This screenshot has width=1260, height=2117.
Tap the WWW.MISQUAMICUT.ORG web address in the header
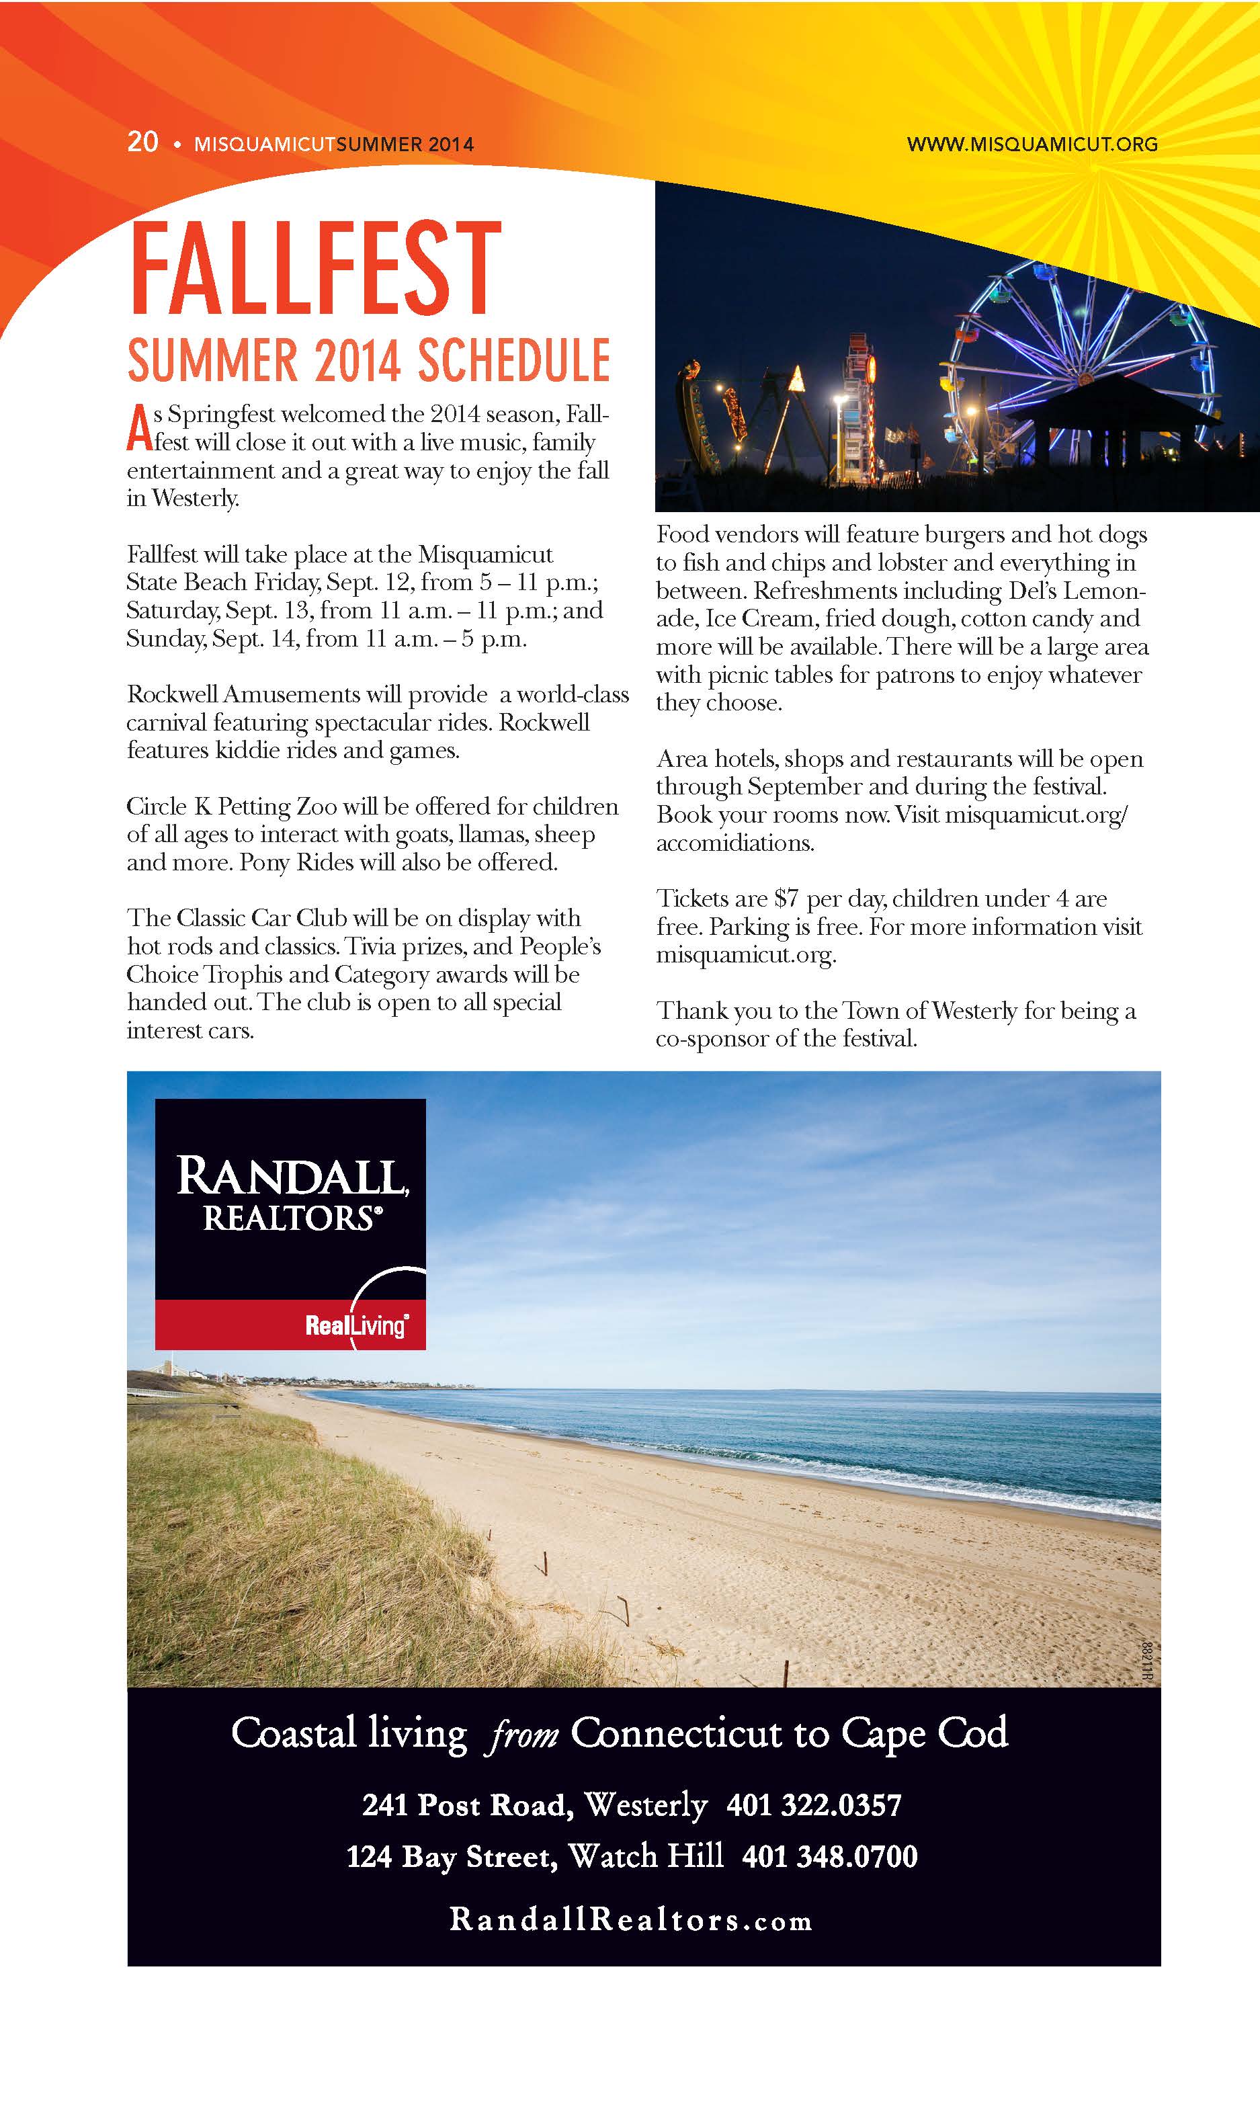pyautogui.click(x=1032, y=144)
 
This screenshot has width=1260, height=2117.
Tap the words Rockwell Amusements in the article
pyautogui.click(x=243, y=695)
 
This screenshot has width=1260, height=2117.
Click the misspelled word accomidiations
pyautogui.click(x=734, y=843)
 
